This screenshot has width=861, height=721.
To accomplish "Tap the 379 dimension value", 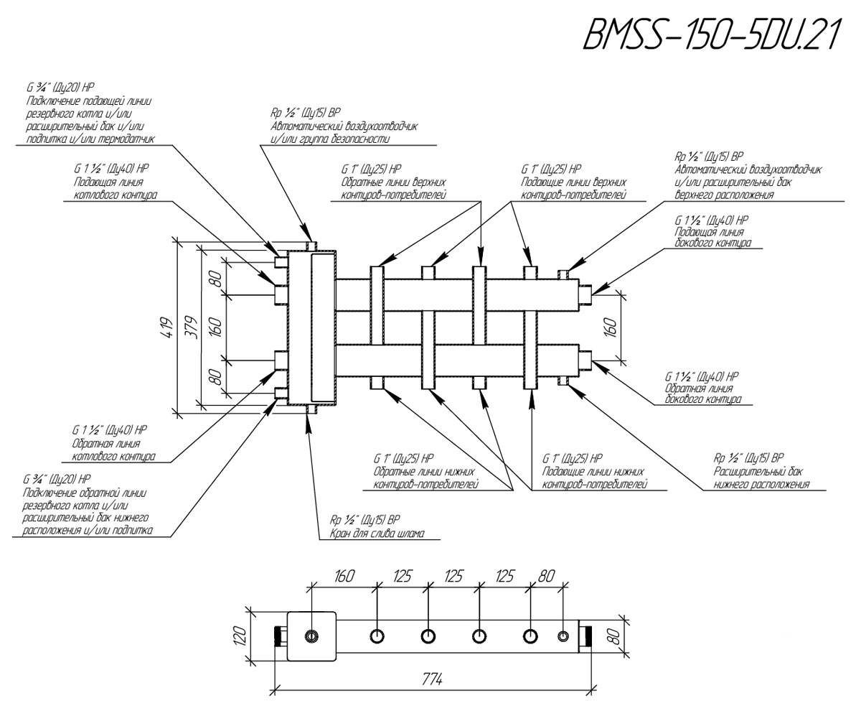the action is [190, 327].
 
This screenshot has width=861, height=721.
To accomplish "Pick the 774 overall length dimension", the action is [432, 679].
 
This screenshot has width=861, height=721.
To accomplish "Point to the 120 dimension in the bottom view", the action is [241, 636].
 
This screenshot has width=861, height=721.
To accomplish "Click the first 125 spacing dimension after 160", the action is [402, 576].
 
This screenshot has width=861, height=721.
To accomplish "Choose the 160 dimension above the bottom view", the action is [344, 576].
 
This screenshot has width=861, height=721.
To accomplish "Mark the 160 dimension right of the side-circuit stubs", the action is [612, 327].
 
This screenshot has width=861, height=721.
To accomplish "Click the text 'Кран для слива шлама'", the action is [377, 534].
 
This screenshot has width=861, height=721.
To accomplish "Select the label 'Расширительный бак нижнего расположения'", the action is [761, 478].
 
